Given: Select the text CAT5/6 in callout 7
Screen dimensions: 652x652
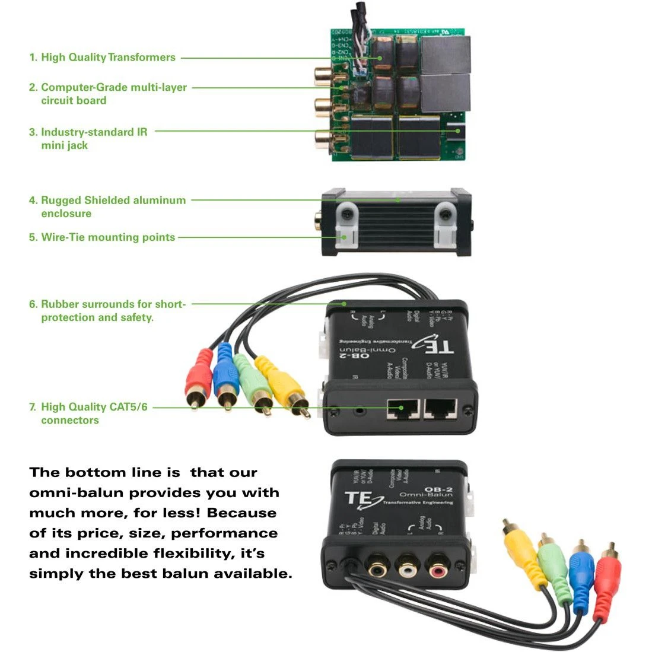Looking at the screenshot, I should coord(128,407).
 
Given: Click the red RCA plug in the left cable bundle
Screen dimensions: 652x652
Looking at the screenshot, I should coord(199,374).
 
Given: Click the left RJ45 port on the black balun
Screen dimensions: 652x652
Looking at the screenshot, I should coord(403,409).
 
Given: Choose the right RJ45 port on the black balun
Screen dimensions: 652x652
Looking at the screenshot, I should coord(440,409).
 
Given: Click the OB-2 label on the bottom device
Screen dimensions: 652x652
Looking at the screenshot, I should coord(439,490).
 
